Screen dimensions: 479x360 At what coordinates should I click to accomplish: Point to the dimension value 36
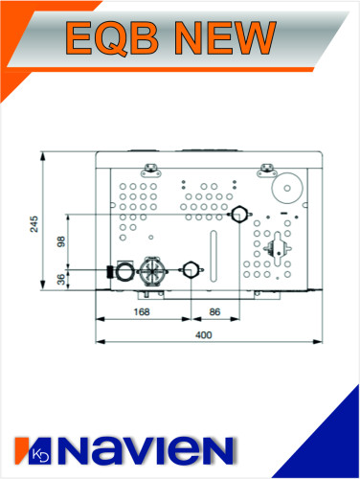pyautogui.click(x=62, y=280)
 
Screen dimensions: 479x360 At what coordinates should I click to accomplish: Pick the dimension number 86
pyautogui.click(x=215, y=312)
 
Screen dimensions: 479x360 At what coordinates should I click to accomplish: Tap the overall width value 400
pyautogui.click(x=203, y=334)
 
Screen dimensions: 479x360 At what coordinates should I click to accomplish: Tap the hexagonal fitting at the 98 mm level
pyautogui.click(x=236, y=214)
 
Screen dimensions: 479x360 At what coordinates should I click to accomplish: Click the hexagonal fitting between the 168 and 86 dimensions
pyautogui.click(x=192, y=270)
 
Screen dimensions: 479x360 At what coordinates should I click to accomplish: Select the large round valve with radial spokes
pyautogui.click(x=150, y=269)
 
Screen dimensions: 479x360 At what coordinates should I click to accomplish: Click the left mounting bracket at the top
pyautogui.click(x=150, y=169)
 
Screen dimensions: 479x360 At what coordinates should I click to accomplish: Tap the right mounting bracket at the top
pyautogui.click(x=265, y=169)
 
